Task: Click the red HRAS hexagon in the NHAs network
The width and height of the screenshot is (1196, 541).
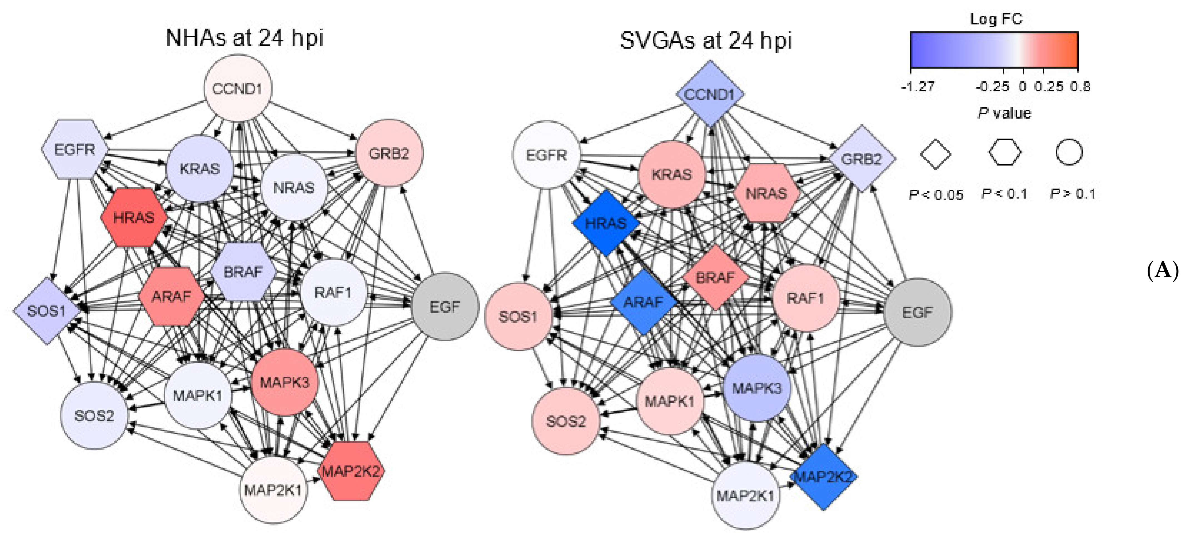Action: (x=134, y=217)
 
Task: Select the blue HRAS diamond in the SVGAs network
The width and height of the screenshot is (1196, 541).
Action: (x=606, y=223)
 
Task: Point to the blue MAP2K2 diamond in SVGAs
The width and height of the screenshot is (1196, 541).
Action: (x=823, y=477)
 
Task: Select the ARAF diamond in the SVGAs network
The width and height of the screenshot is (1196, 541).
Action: (x=643, y=302)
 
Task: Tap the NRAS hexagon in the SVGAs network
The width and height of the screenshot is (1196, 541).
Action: (x=766, y=193)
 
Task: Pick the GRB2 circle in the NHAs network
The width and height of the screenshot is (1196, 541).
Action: (x=389, y=153)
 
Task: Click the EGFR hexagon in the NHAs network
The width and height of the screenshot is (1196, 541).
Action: (x=75, y=149)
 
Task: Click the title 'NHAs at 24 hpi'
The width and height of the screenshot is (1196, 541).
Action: (x=244, y=37)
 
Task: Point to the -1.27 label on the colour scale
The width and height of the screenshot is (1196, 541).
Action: (x=918, y=87)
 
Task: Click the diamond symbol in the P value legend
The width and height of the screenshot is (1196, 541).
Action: (x=935, y=154)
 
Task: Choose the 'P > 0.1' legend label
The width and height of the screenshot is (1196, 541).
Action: (x=1073, y=194)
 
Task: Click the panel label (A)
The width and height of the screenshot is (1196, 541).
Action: (x=1162, y=270)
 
